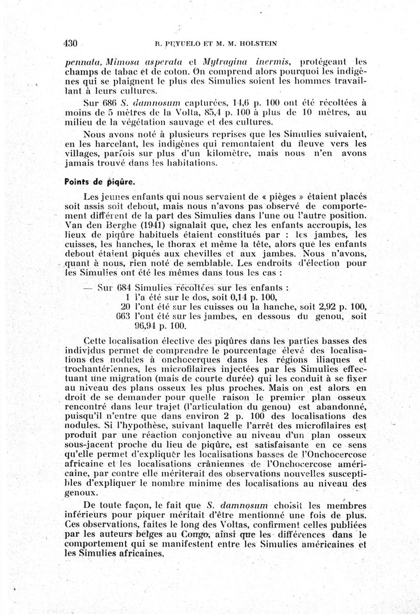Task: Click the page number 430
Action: (x=70, y=44)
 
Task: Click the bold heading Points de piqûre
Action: (x=99, y=182)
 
